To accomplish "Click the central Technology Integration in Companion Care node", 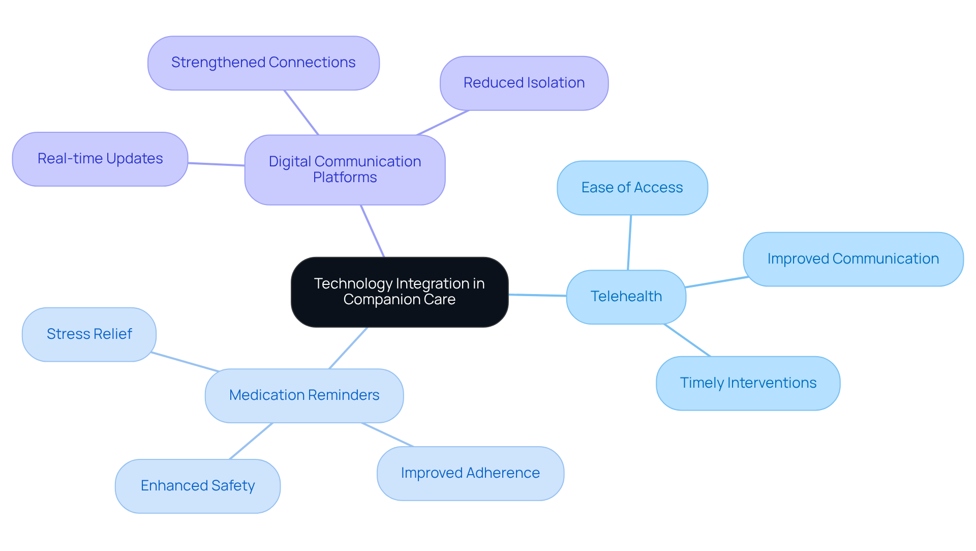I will [x=400, y=292].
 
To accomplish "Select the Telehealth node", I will [x=626, y=297].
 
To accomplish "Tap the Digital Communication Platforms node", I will [x=345, y=169].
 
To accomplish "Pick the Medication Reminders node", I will [x=304, y=395].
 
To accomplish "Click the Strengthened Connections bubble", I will [x=263, y=63].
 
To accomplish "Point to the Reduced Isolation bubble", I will [x=524, y=83].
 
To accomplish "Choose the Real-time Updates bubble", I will [x=100, y=159].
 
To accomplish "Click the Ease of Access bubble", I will [x=632, y=188].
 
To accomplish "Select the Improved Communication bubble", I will [x=852, y=259].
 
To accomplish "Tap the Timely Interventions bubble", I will [x=748, y=383].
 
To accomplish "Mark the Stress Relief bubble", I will [x=89, y=334].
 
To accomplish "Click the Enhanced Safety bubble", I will [x=197, y=486].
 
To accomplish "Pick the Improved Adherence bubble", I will [x=470, y=473].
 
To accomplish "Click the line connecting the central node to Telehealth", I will [x=537, y=295].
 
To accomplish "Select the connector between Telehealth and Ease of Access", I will [x=629, y=242].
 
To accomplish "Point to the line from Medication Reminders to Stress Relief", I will [x=185, y=362].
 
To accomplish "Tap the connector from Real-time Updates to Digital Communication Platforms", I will [x=216, y=164].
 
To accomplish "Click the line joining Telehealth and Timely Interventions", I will [x=687, y=340].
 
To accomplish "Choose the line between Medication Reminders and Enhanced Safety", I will [x=251, y=441].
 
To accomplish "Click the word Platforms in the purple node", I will [x=345, y=178].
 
